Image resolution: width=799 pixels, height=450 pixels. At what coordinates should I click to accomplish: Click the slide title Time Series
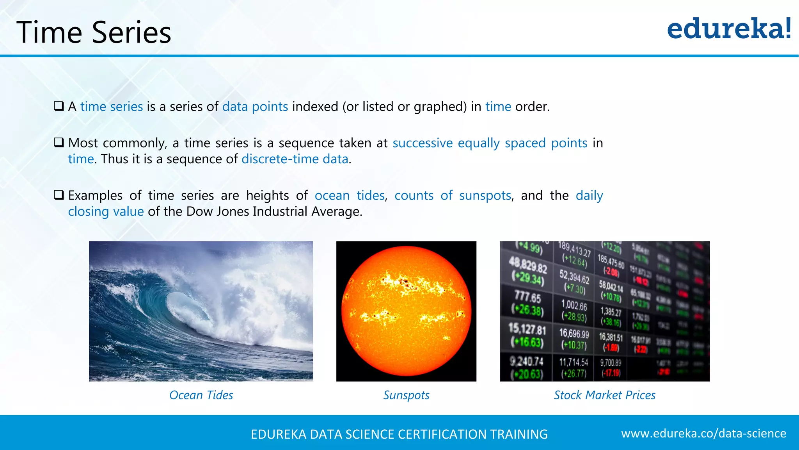pos(94,32)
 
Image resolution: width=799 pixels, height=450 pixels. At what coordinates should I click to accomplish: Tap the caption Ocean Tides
pos(201,395)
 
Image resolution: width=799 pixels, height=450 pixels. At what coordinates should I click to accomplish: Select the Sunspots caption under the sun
pos(406,395)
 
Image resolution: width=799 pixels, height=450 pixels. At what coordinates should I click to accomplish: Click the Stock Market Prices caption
pos(604,395)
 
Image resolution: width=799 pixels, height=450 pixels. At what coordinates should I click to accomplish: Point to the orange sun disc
pos(406,311)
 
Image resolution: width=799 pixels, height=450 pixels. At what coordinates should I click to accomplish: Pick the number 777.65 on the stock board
pos(527,297)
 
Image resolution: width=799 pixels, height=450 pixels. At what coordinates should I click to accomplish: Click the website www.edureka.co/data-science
pos(703,433)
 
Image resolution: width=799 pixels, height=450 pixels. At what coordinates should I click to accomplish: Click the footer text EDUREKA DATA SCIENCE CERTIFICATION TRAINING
pos(399,434)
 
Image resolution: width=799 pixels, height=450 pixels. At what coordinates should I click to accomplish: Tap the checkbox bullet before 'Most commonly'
pos(59,143)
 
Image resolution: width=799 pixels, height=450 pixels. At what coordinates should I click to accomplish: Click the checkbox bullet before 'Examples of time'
pos(59,195)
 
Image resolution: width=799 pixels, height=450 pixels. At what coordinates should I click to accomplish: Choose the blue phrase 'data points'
pos(255,107)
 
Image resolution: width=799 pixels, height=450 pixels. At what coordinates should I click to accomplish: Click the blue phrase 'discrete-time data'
pos(295,159)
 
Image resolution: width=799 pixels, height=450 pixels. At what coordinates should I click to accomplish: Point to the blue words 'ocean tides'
pos(350,195)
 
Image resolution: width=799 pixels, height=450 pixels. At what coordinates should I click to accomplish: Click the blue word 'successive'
pos(423,143)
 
